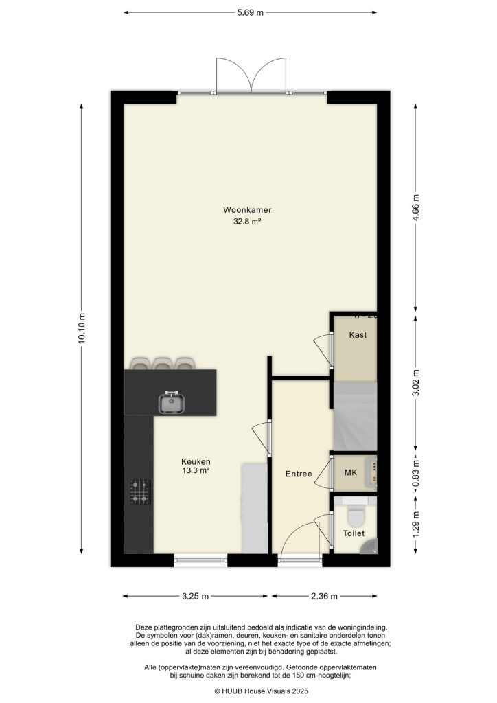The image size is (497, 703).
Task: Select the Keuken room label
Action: tap(196, 461)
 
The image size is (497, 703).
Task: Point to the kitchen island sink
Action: tap(172, 402)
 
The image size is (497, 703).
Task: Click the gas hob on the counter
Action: tap(141, 491)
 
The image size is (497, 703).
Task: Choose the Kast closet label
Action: tap(357, 335)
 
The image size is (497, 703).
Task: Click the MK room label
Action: tap(351, 473)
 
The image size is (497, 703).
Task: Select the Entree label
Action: tap(299, 474)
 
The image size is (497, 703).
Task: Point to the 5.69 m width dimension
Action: tap(251, 12)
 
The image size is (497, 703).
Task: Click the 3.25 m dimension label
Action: tap(195, 596)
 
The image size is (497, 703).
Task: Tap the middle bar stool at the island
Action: tap(162, 364)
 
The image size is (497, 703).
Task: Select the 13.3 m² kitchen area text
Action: tap(196, 471)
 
